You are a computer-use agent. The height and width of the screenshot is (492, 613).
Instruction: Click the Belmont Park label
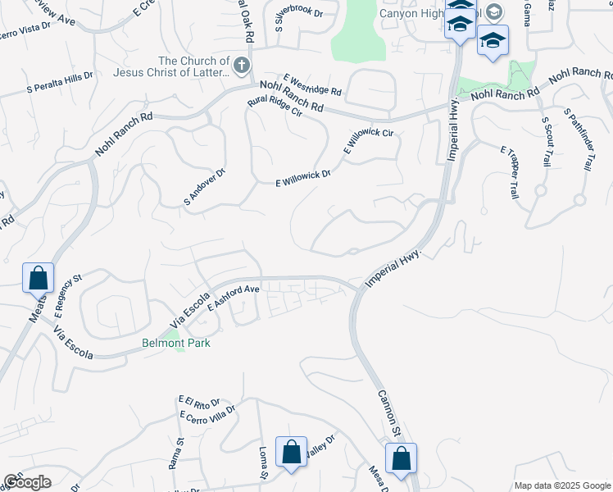[176, 343]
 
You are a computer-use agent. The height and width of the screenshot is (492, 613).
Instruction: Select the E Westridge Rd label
[312, 84]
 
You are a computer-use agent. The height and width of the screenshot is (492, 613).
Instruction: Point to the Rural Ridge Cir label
[275, 110]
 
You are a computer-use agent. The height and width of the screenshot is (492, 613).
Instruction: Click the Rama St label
[175, 453]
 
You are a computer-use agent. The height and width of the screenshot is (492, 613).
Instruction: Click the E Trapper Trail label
[510, 173]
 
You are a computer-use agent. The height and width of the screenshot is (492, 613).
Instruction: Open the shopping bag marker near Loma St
[291, 452]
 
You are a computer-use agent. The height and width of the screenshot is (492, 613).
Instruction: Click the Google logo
[26, 482]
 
